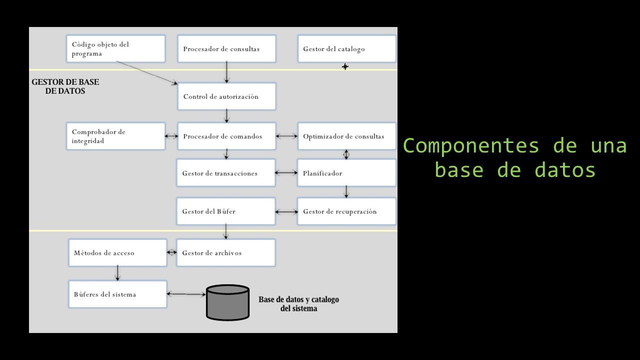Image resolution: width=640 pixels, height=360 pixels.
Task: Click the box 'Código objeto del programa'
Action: [115, 48]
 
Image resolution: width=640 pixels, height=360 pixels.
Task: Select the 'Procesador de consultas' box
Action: [226, 48]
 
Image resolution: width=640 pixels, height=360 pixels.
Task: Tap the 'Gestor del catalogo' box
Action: [347, 48]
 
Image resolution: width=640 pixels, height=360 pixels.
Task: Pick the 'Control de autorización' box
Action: [226, 96]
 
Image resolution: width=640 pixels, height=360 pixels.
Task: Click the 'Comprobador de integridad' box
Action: [115, 136]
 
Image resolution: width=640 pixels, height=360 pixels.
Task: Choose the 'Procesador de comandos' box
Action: [226, 136]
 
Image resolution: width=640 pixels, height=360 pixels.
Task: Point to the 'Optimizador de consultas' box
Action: [347, 136]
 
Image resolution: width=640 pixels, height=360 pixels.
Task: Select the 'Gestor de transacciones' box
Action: [225, 173]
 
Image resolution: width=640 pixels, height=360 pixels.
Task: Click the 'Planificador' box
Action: [347, 173]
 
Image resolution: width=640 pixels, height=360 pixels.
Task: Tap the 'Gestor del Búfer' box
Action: [225, 211]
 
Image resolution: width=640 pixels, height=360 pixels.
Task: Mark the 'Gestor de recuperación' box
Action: [347, 211]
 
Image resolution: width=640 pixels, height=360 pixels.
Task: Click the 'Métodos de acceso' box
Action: [117, 253]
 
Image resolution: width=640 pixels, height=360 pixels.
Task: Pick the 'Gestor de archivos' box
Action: [225, 253]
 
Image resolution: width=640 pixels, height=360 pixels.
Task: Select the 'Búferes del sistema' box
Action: [117, 294]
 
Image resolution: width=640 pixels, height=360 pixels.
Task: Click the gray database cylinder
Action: [227, 303]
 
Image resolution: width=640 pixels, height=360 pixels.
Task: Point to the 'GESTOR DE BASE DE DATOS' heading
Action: [65, 86]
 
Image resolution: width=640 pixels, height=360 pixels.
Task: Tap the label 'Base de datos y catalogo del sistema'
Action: [299, 303]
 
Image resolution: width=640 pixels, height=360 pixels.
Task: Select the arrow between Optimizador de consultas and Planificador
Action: [346, 154]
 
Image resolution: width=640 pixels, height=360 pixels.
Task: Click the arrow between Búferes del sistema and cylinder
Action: [186, 294]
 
